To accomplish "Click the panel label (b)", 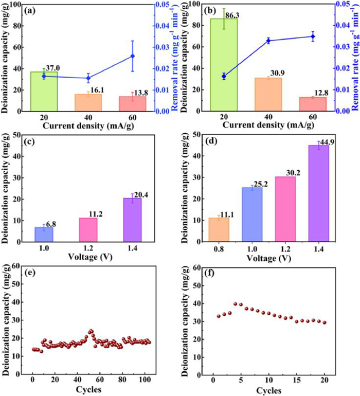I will tap(217, 12).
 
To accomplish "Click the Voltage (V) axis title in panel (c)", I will tap(88, 255).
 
